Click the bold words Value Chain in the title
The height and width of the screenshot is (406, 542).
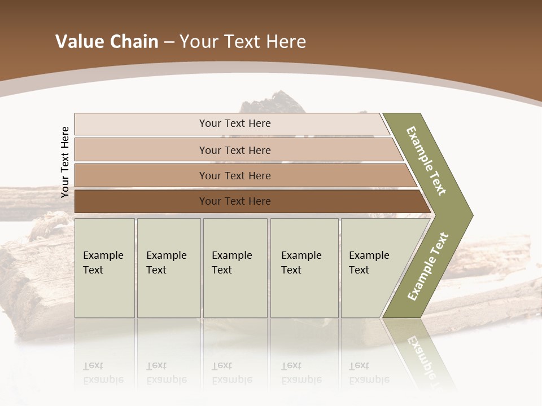click(x=107, y=42)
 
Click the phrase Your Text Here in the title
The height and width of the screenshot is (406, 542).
click(x=243, y=42)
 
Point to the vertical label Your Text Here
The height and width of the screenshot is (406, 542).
click(x=65, y=162)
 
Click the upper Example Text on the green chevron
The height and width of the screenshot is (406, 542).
click(x=426, y=161)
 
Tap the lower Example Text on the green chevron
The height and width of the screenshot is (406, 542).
click(x=428, y=266)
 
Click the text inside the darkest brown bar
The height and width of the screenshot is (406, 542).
click(x=235, y=201)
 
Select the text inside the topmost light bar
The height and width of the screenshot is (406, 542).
click(x=235, y=123)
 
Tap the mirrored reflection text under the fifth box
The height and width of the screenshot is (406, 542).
click(x=369, y=373)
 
